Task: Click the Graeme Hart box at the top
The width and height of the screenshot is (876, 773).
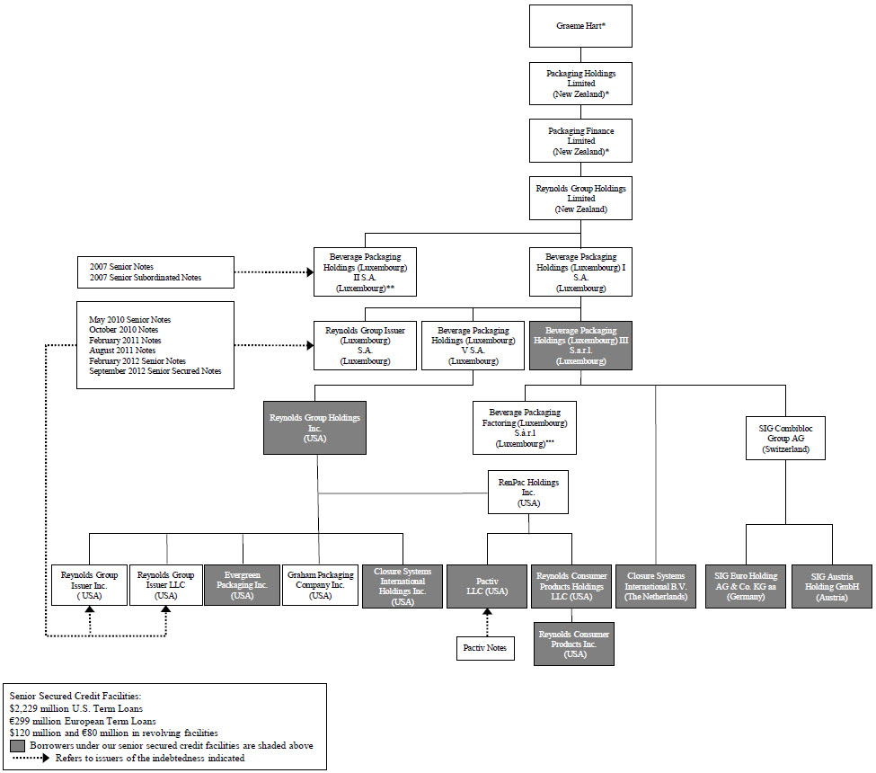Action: click(x=580, y=27)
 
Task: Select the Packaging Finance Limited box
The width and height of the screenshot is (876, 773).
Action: click(x=580, y=141)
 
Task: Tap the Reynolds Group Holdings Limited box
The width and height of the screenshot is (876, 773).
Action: click(x=580, y=198)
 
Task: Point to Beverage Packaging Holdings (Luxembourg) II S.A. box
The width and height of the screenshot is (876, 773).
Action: click(x=364, y=271)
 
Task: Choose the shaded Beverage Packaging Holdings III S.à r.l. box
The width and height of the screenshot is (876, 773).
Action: click(x=580, y=345)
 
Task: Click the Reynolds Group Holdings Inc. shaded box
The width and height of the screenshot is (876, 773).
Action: click(x=314, y=427)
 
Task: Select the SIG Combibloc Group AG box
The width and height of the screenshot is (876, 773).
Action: click(x=785, y=436)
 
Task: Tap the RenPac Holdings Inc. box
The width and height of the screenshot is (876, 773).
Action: click(x=528, y=493)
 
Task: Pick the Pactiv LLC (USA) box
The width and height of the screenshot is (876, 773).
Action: click(x=487, y=585)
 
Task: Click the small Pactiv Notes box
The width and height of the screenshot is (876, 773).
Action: click(x=486, y=647)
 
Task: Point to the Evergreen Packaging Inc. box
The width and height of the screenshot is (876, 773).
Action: click(x=243, y=585)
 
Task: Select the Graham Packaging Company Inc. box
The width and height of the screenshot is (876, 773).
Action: click(x=320, y=585)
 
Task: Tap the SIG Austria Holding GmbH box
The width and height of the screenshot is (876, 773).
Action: click(x=831, y=585)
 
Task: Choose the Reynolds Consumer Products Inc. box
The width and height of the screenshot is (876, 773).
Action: click(x=573, y=644)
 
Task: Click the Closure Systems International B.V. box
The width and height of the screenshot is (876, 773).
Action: click(x=656, y=585)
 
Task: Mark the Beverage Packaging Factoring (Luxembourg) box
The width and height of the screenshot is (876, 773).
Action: click(x=524, y=428)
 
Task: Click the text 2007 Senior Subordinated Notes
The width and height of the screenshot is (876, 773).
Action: click(x=146, y=278)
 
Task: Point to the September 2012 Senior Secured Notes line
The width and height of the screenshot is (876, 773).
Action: click(x=155, y=371)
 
